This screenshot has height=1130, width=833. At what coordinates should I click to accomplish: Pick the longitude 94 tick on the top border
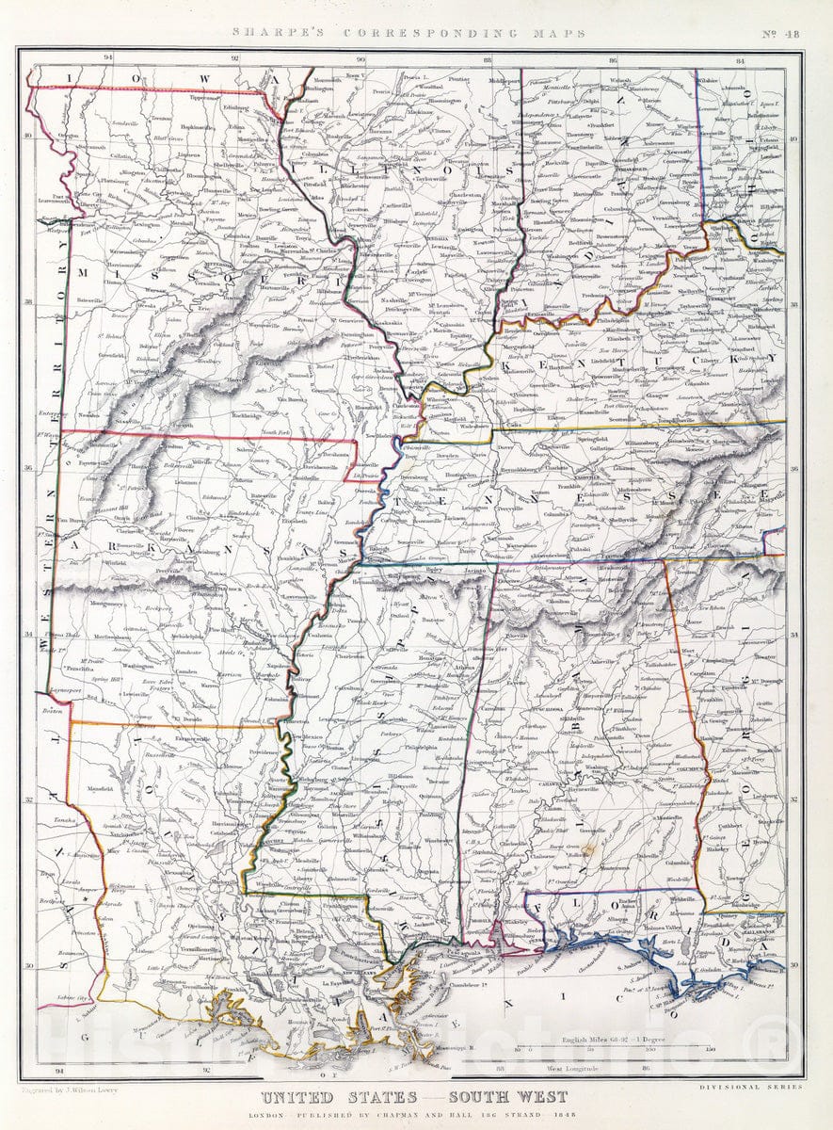pos(109,58)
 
